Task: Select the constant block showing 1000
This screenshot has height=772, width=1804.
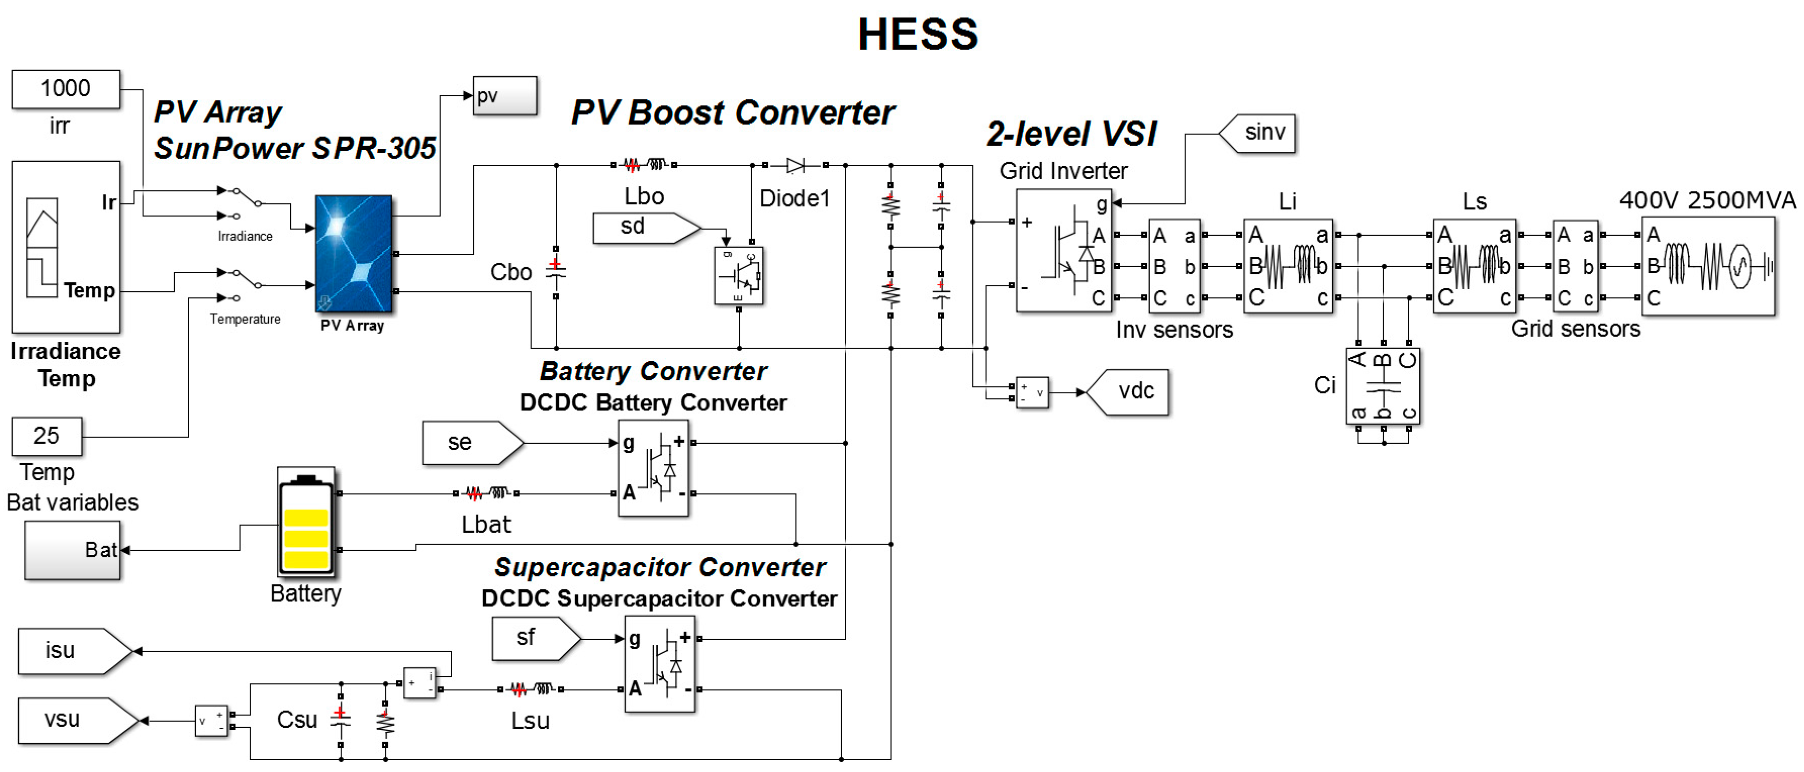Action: (66, 89)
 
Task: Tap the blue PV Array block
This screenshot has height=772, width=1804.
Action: (353, 253)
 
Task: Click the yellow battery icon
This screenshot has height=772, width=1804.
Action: (306, 522)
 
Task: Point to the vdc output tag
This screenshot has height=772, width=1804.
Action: (1128, 391)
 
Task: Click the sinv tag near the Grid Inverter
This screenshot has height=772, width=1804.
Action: (1258, 132)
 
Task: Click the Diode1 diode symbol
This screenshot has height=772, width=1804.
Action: (795, 165)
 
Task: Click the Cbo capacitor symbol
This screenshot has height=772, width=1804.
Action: (555, 272)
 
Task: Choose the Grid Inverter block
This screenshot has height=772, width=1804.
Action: (1063, 250)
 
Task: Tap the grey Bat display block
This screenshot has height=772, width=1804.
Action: (73, 550)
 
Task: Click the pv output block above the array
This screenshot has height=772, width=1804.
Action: (504, 96)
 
